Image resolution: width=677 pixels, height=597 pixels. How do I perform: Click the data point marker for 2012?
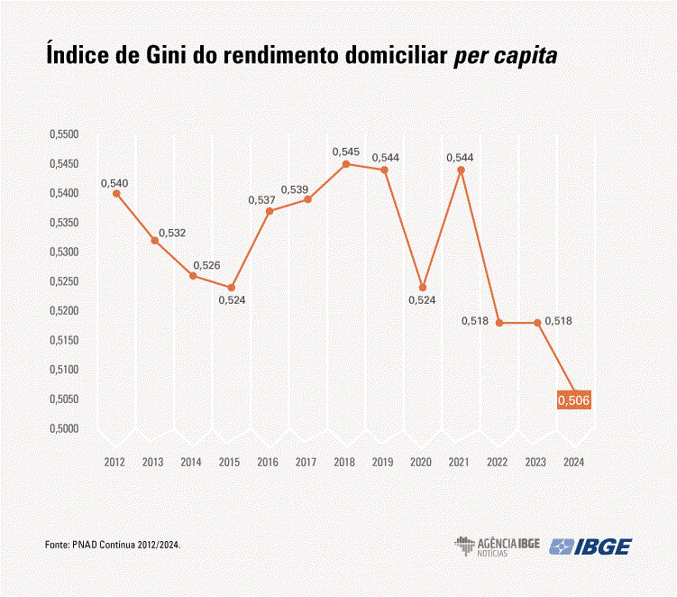116,194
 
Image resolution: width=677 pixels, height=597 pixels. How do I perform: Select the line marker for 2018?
346,164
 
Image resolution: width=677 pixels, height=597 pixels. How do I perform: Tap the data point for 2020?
423,288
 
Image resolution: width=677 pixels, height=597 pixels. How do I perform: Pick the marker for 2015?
231,288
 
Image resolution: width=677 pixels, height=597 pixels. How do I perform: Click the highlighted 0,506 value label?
573,400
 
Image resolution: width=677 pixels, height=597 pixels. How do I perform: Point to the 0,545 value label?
346,151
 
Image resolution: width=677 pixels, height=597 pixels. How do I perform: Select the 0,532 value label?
172,234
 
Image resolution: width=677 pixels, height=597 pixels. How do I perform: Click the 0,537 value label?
261,199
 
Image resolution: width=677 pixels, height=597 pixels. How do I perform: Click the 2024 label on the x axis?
573,462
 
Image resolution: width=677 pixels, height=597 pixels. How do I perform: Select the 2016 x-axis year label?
268,462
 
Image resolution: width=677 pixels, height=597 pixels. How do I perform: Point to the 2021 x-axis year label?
459,462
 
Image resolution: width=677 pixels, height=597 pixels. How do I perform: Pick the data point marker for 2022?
499,323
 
